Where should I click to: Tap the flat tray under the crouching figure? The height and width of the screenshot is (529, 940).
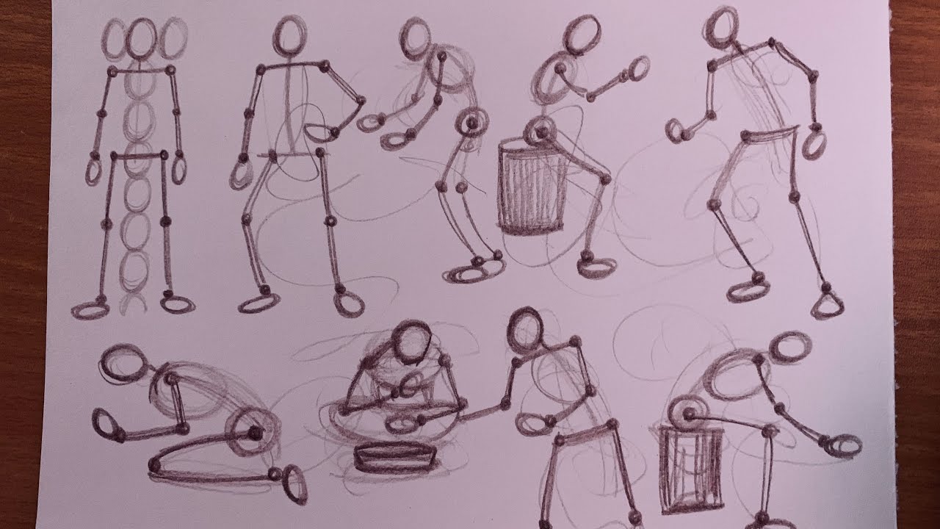394,457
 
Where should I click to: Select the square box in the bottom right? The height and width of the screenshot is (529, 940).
691,470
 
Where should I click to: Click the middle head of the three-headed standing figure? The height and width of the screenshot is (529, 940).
142,40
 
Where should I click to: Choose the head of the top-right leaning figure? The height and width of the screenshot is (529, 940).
724,24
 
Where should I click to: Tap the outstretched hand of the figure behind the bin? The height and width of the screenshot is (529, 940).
637,69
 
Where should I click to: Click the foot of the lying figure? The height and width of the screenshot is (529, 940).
295,487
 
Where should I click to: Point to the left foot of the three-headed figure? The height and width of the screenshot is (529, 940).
91,310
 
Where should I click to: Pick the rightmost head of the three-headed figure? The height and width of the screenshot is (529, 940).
173,38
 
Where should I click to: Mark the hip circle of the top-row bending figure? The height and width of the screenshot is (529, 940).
471,122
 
